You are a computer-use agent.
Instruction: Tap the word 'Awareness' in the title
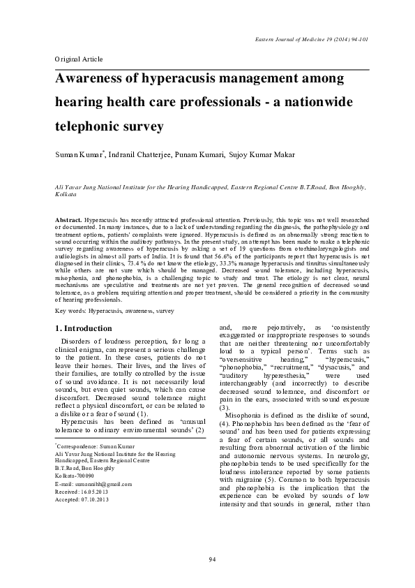(94, 80)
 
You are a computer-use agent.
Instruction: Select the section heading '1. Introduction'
(83, 328)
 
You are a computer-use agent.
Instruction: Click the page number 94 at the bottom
(211, 560)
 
